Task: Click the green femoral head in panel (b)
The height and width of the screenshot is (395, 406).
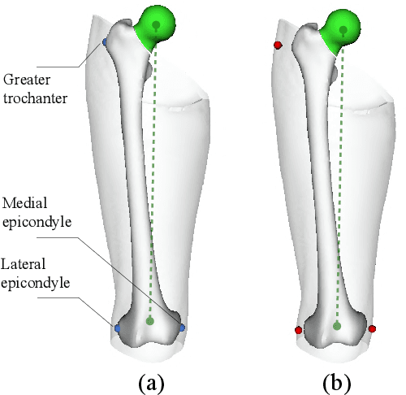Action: click(x=343, y=24)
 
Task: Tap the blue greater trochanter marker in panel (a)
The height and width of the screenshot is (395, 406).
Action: click(x=103, y=42)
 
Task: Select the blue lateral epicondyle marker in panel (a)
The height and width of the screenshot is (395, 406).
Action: click(x=118, y=328)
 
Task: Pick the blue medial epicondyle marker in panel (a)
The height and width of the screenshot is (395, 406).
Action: click(x=182, y=328)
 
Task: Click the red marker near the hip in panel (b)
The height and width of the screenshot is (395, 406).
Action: click(x=279, y=46)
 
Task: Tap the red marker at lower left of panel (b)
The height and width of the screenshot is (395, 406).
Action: click(x=299, y=330)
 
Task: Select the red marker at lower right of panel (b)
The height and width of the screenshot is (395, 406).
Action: click(x=372, y=329)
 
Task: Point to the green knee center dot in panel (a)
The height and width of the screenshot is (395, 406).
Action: click(x=149, y=322)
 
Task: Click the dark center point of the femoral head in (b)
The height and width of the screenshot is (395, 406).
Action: click(x=343, y=31)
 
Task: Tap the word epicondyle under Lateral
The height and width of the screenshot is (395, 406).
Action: click(x=36, y=283)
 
